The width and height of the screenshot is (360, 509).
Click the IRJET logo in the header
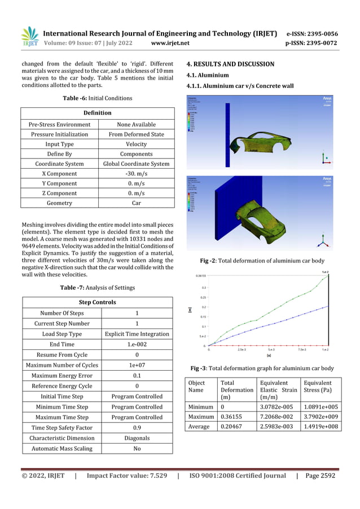click(x=30, y=37)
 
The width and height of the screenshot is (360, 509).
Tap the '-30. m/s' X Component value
click(x=136, y=174)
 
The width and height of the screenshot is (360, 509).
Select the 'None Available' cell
click(x=136, y=124)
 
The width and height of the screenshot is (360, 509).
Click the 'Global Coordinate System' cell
click(x=136, y=164)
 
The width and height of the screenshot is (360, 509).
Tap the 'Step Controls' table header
click(x=97, y=302)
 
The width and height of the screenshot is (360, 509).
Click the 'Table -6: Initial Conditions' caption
click(x=97, y=98)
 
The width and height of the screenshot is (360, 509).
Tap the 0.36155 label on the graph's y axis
click(x=200, y=276)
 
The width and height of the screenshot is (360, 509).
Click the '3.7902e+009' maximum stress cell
click(x=319, y=416)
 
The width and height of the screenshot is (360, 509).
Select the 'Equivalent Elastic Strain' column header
click(x=278, y=390)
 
